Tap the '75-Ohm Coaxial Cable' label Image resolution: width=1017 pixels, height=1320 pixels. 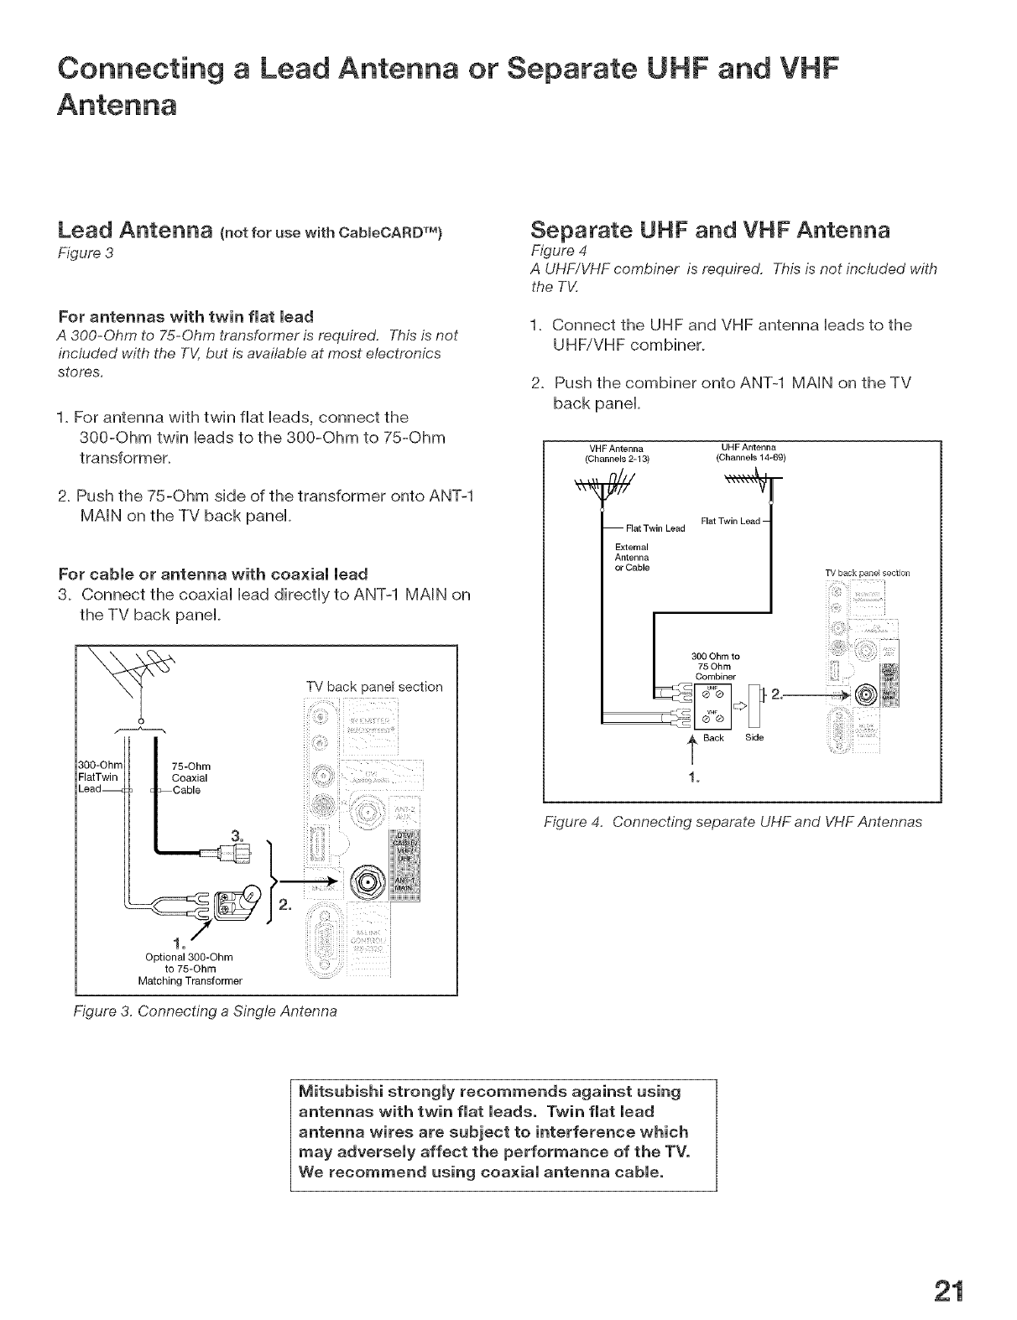[190, 777]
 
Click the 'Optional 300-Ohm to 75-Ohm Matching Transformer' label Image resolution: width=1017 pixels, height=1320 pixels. [190, 969]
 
